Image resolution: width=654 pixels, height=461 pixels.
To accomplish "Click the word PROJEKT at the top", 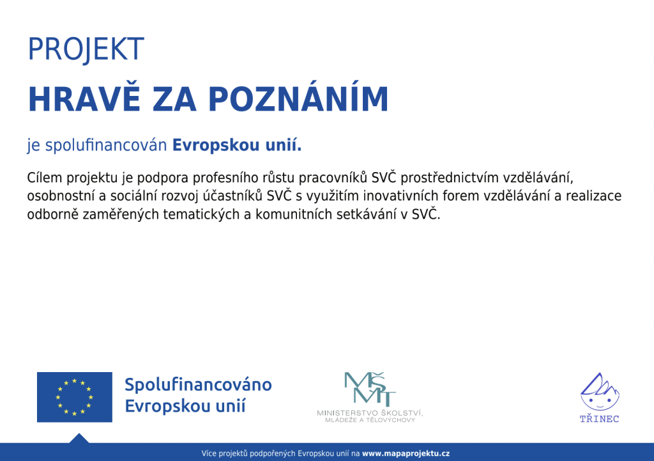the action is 86,49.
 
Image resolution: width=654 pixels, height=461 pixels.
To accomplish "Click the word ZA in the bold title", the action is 174,99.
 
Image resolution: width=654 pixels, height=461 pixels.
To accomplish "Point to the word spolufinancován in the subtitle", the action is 106,145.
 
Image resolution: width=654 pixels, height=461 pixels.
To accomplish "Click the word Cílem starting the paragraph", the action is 45,178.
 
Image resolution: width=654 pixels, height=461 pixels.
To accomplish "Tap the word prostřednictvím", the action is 449,178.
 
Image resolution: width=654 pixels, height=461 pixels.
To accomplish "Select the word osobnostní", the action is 61,196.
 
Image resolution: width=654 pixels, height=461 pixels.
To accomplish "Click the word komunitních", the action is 294,214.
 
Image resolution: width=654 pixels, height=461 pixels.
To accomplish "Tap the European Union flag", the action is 75,397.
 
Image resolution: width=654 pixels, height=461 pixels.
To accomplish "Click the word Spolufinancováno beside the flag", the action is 198,385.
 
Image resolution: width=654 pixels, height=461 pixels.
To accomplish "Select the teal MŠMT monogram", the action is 370,389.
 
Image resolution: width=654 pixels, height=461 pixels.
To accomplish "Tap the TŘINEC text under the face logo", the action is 599,419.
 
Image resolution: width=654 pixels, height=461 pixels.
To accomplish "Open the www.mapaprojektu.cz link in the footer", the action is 406,453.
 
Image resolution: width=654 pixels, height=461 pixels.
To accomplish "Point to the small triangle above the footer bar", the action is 79,439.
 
